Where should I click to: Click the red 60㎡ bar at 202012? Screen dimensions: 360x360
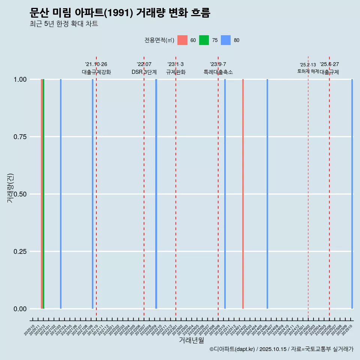coord(42,194)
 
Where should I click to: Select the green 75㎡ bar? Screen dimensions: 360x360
coord(43,194)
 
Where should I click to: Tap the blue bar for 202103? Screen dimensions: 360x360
coord(61,194)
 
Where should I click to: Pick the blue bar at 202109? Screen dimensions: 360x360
coord(93,194)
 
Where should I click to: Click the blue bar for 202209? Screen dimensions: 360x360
coord(156,194)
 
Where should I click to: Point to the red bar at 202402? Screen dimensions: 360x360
coord(243,194)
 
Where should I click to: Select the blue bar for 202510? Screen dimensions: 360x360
coord(352,194)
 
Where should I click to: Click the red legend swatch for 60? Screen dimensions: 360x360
coord(182,40)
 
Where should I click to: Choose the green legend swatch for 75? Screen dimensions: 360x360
coord(204,40)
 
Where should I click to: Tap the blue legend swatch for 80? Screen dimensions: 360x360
coord(226,40)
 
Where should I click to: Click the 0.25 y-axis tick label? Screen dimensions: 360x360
coord(20,252)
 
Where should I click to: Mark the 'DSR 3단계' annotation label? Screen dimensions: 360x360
coord(144,72)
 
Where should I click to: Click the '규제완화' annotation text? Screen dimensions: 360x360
coord(176,72)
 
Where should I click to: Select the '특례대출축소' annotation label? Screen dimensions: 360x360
coord(218,72)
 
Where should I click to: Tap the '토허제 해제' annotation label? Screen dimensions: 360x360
coord(308,71)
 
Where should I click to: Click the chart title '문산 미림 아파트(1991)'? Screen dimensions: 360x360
coord(120,13)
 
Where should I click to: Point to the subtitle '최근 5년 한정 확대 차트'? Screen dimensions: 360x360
coord(64,24)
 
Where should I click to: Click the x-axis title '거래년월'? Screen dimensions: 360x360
coord(191,340)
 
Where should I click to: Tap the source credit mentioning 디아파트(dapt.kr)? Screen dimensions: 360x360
coord(281,349)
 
